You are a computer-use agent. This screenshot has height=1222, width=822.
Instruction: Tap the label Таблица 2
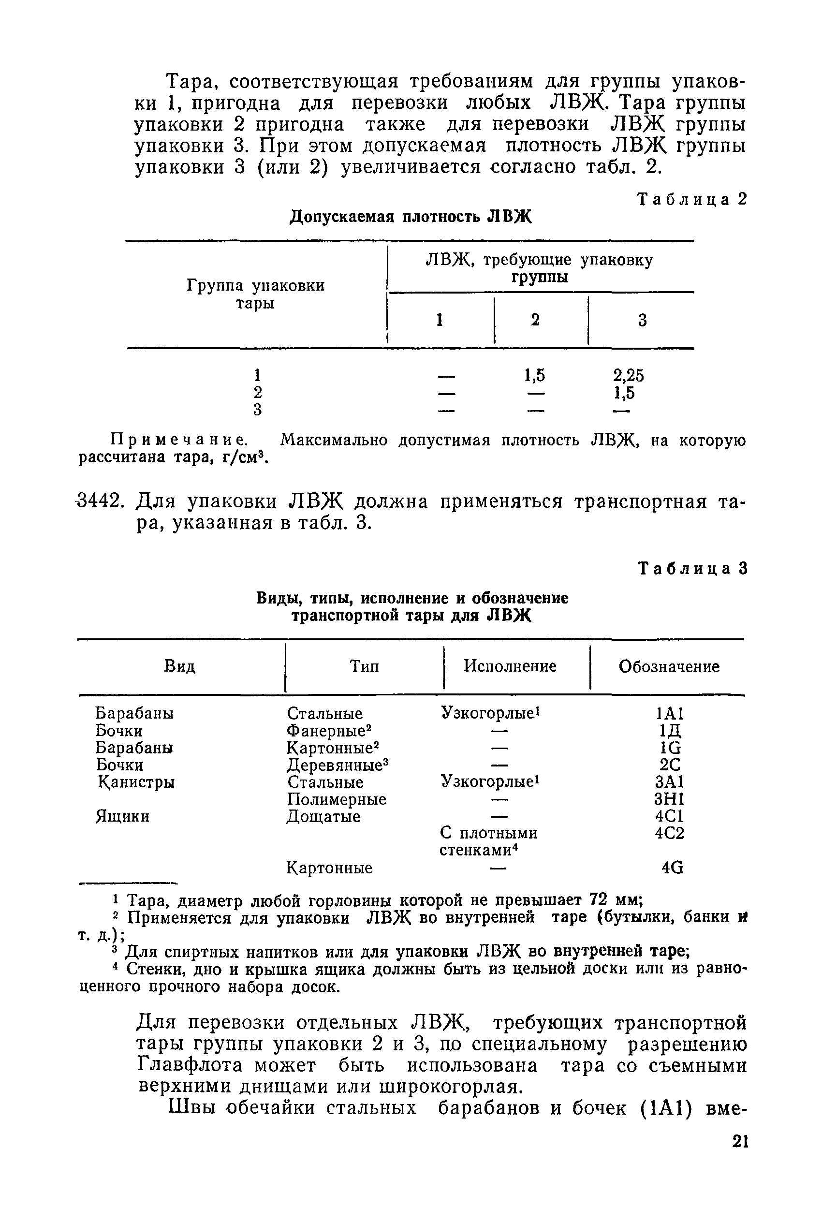click(691, 200)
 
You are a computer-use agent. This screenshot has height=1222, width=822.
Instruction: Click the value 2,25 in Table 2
click(629, 375)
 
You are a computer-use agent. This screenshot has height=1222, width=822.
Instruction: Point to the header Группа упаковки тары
click(255, 294)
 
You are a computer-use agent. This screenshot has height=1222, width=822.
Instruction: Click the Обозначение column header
click(669, 667)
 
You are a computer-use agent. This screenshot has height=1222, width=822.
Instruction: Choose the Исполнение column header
click(510, 666)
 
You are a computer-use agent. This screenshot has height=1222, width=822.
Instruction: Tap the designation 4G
click(673, 868)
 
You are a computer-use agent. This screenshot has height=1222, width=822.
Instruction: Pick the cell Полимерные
click(337, 799)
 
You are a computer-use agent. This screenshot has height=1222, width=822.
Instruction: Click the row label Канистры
click(136, 782)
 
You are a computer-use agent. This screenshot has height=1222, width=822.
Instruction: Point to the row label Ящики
click(122, 816)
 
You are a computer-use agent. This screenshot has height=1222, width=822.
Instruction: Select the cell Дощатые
click(323, 817)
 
